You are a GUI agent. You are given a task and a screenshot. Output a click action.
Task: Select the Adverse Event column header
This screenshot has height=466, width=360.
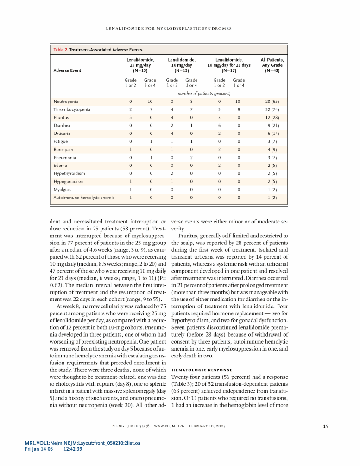67,71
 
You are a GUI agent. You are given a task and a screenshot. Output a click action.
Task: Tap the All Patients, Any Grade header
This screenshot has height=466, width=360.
272,65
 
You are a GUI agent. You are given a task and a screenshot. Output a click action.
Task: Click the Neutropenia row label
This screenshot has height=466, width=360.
66,102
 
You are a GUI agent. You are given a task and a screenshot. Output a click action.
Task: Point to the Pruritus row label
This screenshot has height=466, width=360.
61,118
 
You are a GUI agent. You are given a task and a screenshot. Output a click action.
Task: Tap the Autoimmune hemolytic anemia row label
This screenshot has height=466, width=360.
84,198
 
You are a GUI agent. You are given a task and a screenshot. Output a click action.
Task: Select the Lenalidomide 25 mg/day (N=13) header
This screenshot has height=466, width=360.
140,65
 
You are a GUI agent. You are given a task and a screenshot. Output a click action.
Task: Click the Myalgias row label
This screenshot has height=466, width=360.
63,190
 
